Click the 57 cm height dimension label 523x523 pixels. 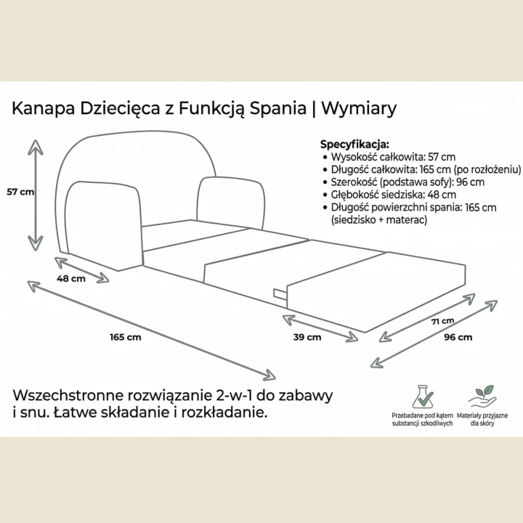click(x=20, y=192)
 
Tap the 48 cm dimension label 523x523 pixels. click(x=71, y=278)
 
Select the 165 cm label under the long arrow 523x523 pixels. click(x=126, y=337)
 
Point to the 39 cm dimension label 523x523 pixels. click(x=307, y=337)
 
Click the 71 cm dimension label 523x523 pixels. click(x=442, y=321)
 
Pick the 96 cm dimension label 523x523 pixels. click(x=458, y=337)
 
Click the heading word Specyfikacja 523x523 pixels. click(x=354, y=145)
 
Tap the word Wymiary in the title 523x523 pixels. click(x=359, y=108)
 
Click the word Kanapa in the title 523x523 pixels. click(x=44, y=108)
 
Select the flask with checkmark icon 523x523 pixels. click(x=422, y=397)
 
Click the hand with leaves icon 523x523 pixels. click(x=482, y=397)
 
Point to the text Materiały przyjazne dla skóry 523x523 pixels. click(x=482, y=420)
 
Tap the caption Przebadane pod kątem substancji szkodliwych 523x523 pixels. click(x=422, y=420)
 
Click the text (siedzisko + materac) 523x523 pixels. click(x=379, y=220)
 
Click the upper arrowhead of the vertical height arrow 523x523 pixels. click(x=36, y=147)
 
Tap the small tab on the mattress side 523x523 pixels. click(x=280, y=294)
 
